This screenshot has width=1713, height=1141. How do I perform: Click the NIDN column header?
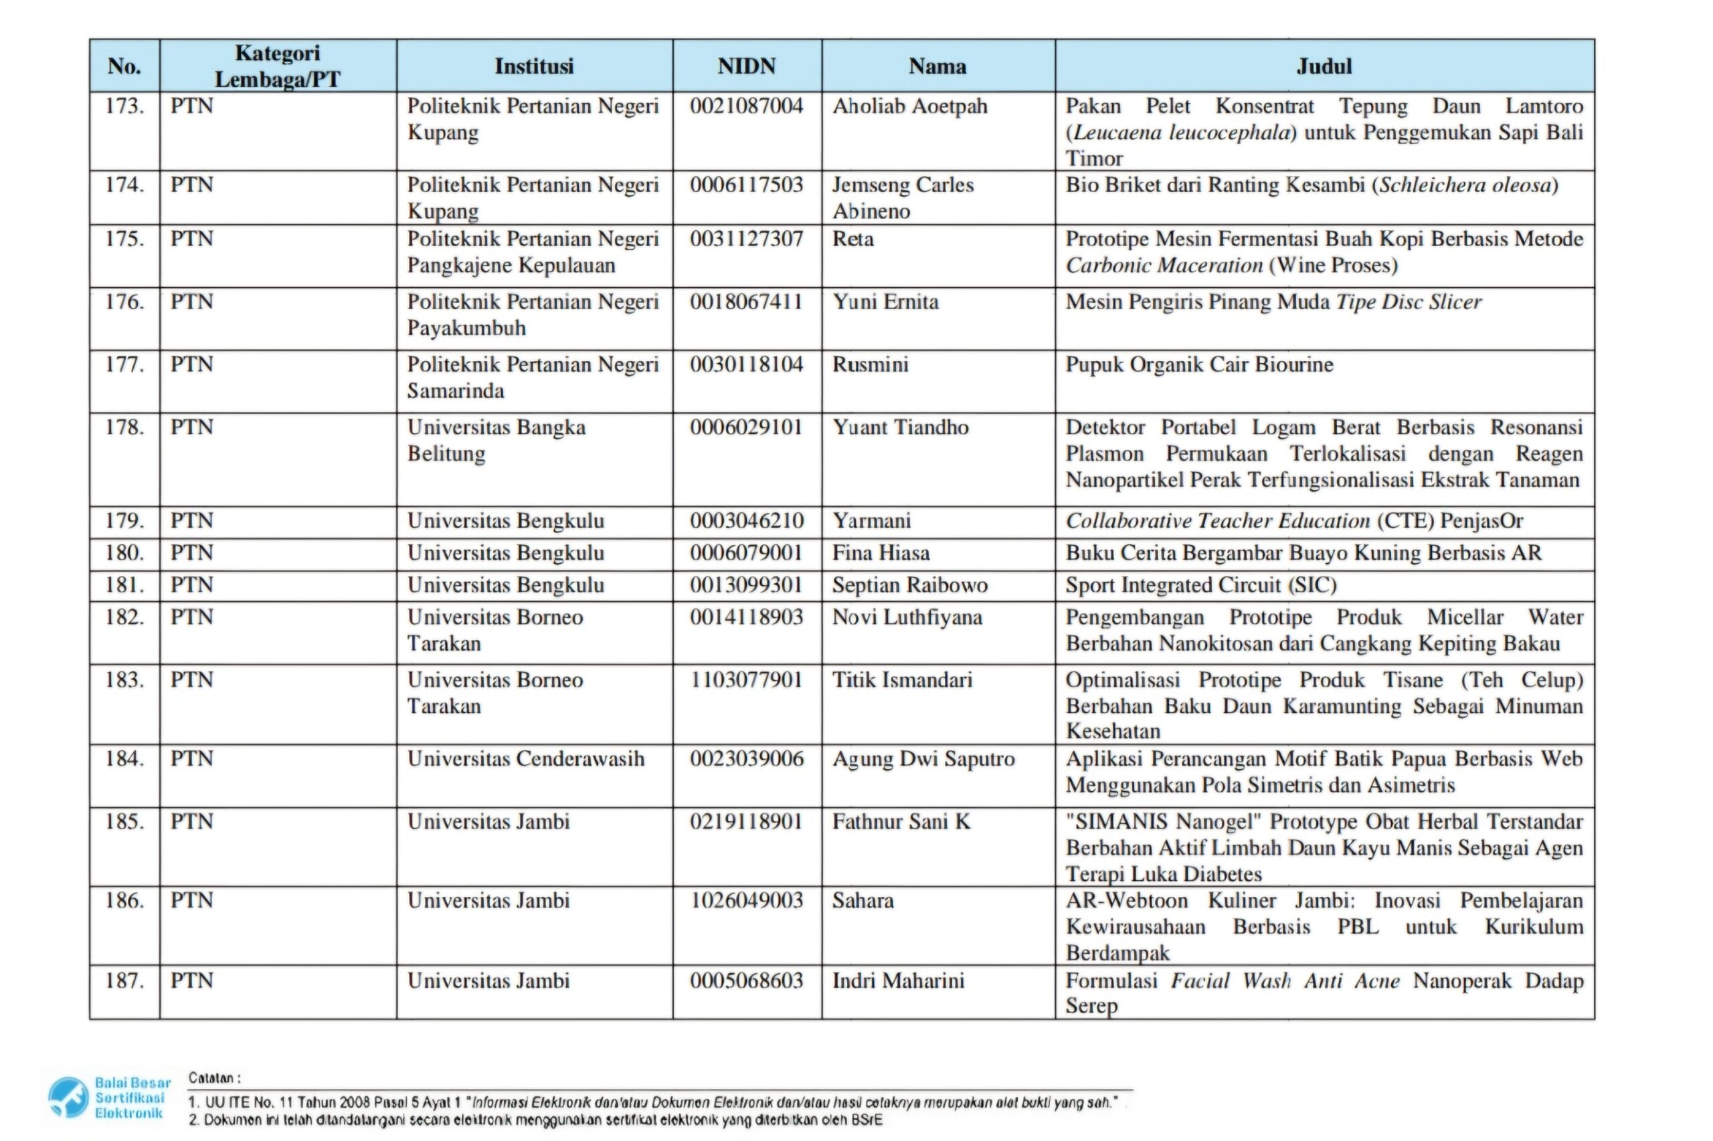point(746,66)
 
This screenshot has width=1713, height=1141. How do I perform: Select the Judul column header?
point(1324,66)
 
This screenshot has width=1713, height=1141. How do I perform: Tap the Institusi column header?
point(533,66)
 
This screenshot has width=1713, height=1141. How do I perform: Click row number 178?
point(124,427)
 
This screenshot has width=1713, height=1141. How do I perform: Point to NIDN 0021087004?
point(746,106)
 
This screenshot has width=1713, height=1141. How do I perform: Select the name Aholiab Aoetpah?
point(909,106)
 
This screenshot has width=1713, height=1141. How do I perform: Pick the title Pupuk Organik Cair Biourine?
point(1199,365)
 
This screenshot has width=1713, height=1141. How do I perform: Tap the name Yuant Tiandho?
point(900,427)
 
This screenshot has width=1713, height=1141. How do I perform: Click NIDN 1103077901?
point(746,680)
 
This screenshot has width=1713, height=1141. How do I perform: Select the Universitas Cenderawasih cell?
point(526,759)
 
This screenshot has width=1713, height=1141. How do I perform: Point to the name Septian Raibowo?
point(909,585)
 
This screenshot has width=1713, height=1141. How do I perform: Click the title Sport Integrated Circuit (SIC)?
point(1200,585)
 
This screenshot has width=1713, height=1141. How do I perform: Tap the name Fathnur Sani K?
point(901,821)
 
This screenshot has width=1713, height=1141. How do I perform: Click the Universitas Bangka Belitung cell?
point(496,440)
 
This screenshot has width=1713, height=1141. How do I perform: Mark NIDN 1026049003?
point(746,901)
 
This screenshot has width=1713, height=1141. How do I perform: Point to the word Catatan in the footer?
point(214,1077)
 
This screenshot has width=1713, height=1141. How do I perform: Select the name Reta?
point(852,239)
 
